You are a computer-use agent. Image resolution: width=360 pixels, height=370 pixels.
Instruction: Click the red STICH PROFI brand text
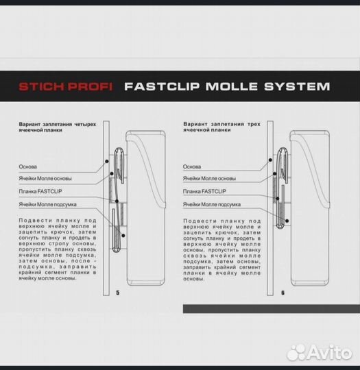pos(65,86)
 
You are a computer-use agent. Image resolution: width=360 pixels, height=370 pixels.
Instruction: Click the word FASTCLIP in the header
pos(162,86)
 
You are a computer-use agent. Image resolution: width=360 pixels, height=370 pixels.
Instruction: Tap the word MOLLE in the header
pos(232,86)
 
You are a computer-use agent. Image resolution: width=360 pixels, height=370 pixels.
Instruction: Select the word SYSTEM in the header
pos(297,86)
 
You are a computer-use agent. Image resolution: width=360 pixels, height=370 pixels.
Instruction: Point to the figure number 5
pos(118,293)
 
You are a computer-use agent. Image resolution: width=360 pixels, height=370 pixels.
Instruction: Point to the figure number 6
pos(283,293)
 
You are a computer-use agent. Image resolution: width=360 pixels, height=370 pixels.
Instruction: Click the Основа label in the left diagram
pos(28,166)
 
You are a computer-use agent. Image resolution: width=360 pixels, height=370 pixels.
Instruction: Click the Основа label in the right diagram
pos(192,166)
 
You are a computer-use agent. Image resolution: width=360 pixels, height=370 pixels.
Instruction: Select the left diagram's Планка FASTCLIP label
pos(40,191)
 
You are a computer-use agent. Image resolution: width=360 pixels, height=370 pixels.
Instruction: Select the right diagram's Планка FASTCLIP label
pos(204,191)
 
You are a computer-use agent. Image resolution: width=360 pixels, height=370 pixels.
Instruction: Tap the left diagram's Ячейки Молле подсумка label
pos(48,204)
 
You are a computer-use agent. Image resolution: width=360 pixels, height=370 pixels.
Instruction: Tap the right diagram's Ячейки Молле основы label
pos(209,178)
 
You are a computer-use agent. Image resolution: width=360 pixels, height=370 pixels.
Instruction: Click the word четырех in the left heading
pos(85,124)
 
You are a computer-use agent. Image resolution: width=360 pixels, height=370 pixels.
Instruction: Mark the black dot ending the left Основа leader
pos(107,161)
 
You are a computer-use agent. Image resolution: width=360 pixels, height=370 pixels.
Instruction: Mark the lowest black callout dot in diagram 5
pos(123,236)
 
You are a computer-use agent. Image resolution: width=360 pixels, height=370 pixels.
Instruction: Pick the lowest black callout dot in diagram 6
pos(287,221)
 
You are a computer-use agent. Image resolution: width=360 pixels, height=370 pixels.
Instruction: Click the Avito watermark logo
pos(320,353)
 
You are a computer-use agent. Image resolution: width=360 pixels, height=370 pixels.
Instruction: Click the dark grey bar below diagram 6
pos(272,309)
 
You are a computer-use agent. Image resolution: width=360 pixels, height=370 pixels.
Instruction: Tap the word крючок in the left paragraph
pos(60,232)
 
